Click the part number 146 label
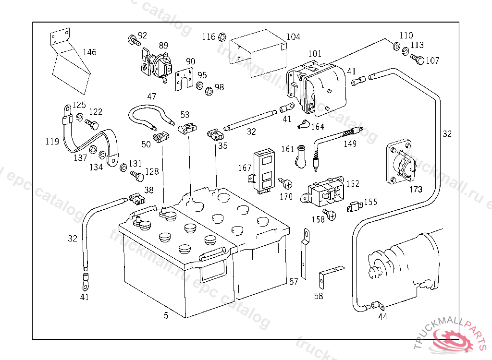89,52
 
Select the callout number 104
293,37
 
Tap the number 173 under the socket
416,190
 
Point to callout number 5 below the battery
166,315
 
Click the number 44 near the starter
382,317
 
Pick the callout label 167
245,168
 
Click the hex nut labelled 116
222,36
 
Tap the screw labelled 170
287,183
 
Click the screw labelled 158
331,214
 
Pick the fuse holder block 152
323,191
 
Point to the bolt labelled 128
136,177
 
